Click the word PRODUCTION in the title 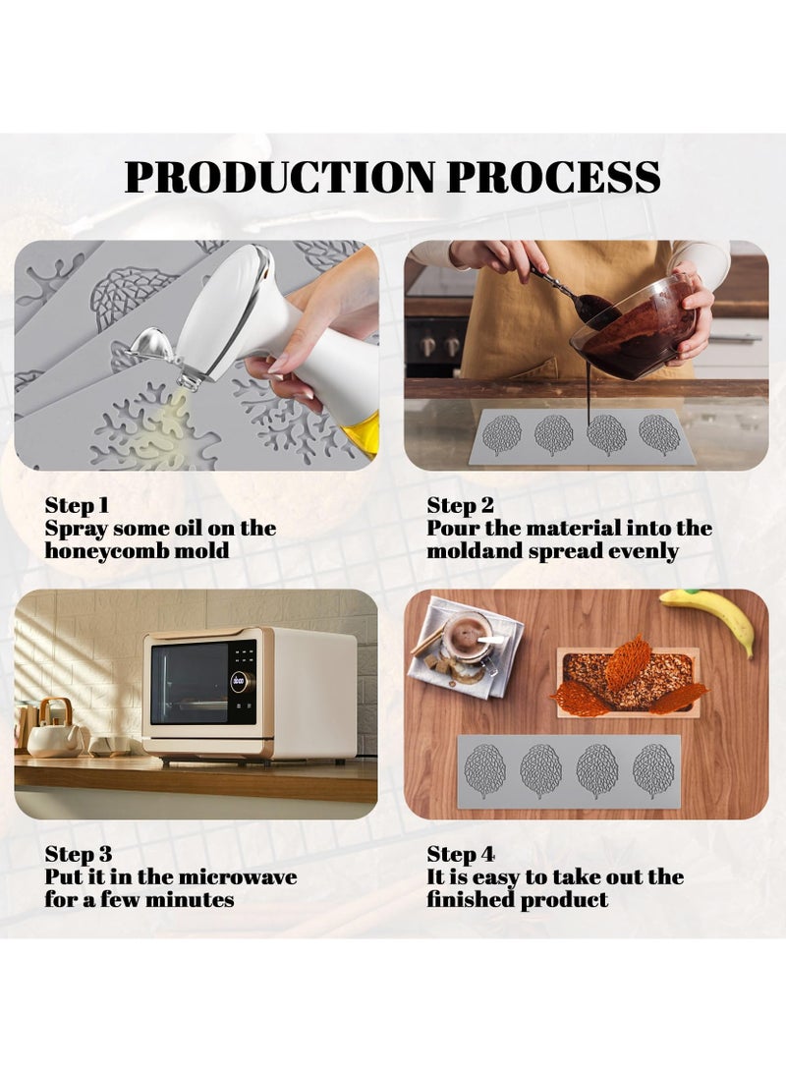(280, 177)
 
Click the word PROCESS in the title (554, 177)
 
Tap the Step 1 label (77, 506)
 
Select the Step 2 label (460, 506)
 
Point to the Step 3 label (79, 855)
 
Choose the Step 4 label (461, 855)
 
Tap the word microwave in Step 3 (240, 876)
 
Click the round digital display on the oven (238, 681)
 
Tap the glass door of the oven (190, 683)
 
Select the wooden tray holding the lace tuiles (627, 682)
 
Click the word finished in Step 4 (472, 900)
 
